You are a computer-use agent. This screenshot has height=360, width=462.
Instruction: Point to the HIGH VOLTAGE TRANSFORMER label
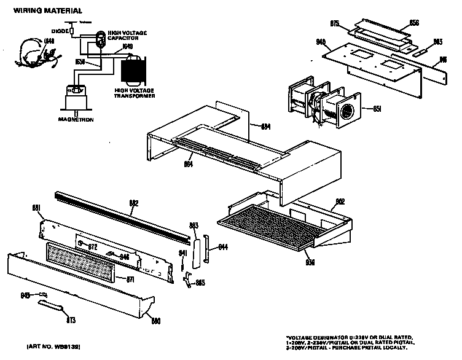135,94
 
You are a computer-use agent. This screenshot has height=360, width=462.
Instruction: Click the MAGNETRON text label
76,120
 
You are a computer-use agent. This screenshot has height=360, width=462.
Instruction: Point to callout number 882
134,203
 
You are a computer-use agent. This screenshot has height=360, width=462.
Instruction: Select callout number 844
223,247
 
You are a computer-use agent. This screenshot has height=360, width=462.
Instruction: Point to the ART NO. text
54,348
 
